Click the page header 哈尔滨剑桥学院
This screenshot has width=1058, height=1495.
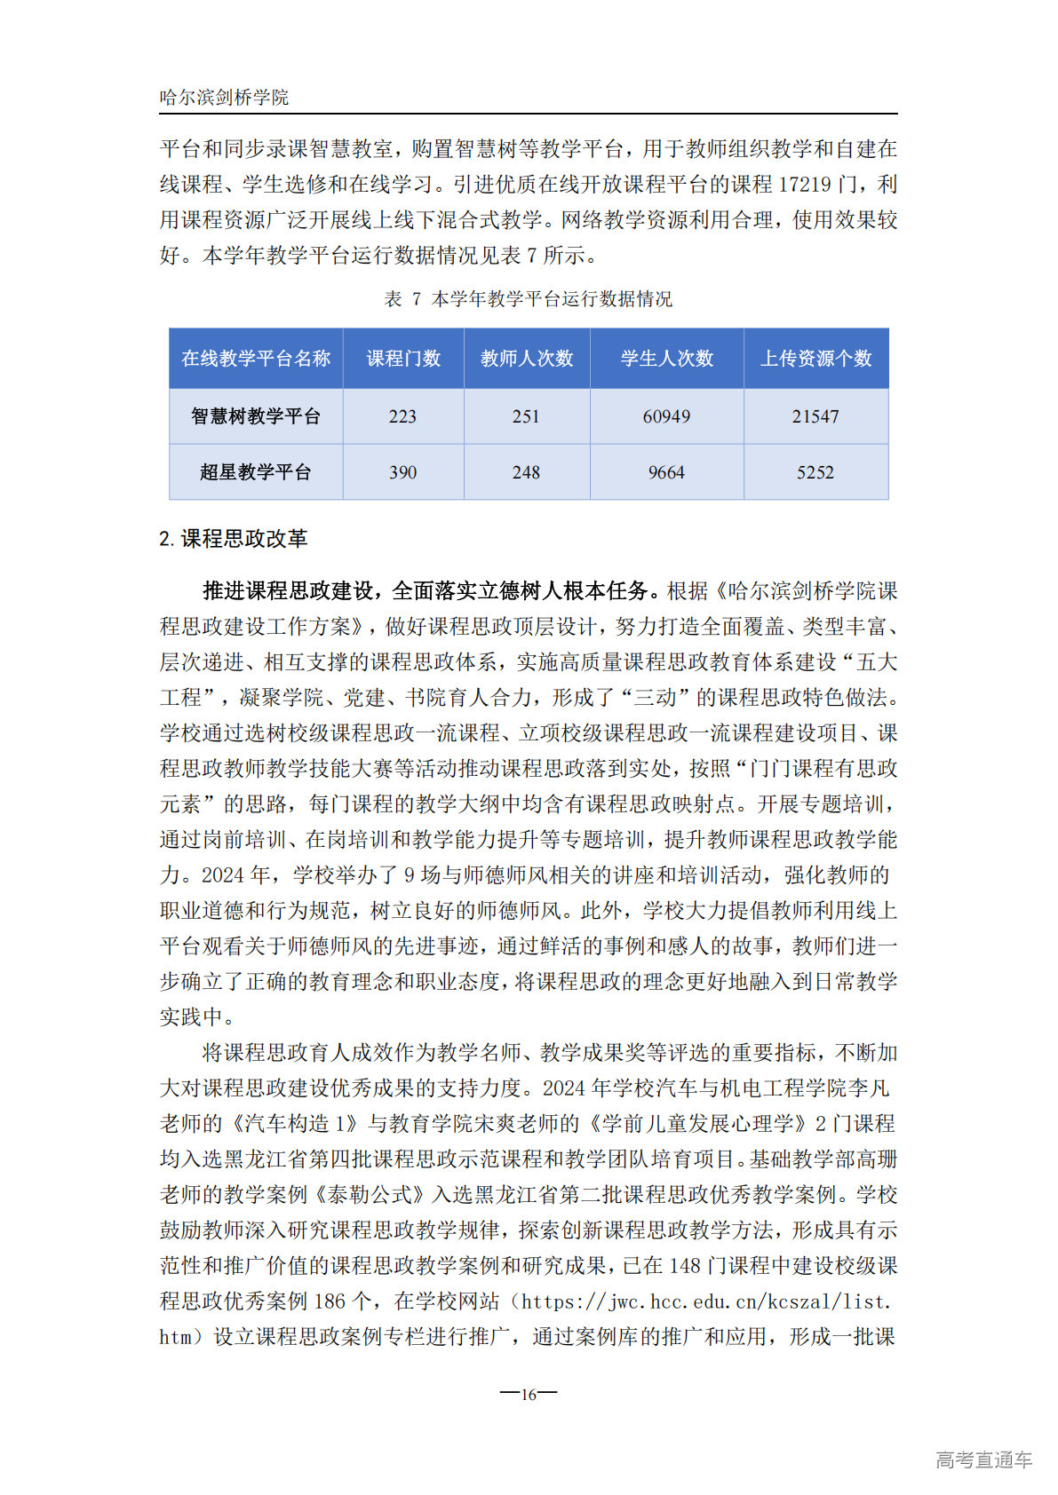[x=224, y=98]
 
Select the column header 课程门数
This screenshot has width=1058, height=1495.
[x=403, y=359]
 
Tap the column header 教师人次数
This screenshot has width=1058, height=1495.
[x=527, y=359]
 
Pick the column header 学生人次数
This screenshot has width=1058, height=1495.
[x=667, y=359]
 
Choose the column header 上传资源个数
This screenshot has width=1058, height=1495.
[x=815, y=359]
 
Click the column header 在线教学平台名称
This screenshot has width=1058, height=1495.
[x=256, y=359]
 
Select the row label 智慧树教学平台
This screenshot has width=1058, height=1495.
[x=256, y=416]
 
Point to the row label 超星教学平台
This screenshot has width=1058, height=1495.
[x=256, y=472]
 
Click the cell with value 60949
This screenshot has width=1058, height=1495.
[x=666, y=416]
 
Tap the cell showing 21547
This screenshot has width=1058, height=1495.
[x=815, y=416]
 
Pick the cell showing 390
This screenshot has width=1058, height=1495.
[x=402, y=472]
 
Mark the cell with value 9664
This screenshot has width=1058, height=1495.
[x=666, y=472]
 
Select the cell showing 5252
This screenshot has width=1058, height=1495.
[x=815, y=472]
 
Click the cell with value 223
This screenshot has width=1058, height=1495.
[x=402, y=416]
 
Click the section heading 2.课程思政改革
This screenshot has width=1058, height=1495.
[x=234, y=539]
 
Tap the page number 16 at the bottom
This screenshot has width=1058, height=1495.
[x=529, y=1394]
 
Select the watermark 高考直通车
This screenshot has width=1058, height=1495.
[x=983, y=1459]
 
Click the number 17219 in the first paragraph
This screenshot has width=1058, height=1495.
[x=805, y=185]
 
